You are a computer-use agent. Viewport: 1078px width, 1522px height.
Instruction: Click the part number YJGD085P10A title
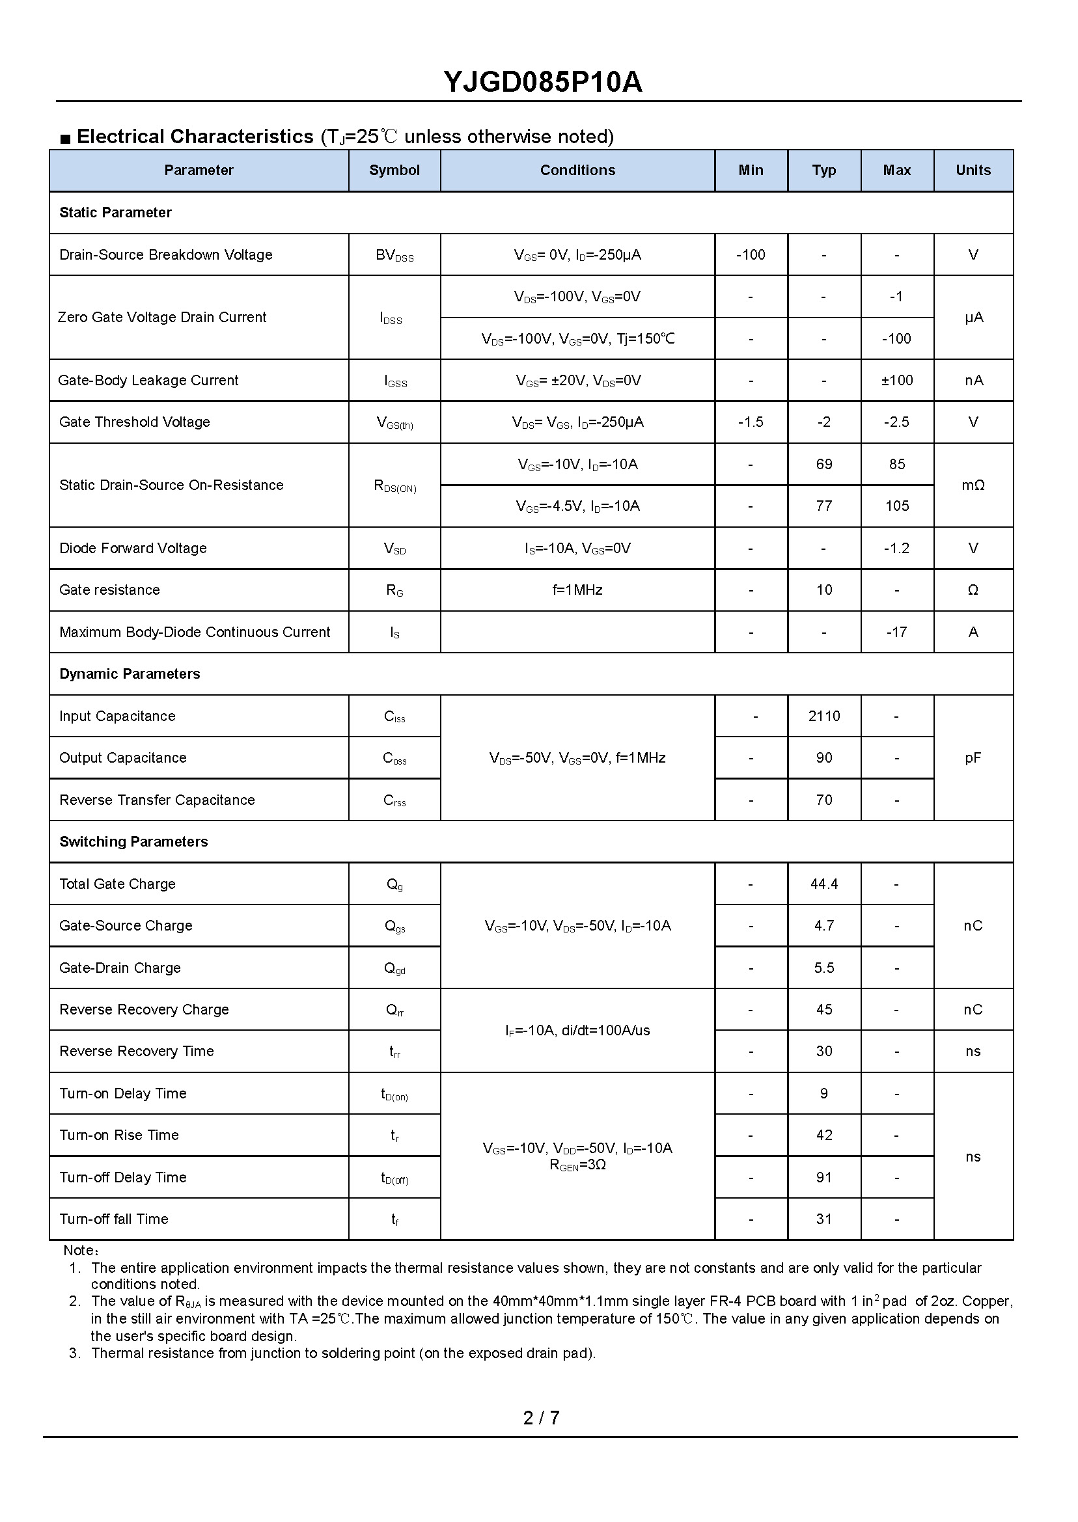tap(542, 82)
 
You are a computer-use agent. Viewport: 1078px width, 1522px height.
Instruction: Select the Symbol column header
tap(394, 170)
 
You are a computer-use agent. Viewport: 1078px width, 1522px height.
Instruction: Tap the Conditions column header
tap(577, 170)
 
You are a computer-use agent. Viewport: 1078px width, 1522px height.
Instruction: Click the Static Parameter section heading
tap(115, 212)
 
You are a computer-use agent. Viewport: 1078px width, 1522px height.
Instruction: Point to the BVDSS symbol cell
tap(394, 256)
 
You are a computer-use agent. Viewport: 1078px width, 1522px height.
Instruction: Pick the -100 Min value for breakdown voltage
tap(751, 255)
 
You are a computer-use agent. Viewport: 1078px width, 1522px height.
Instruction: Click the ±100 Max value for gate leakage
tap(897, 380)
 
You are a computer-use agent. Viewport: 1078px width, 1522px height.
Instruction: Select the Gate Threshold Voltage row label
tap(135, 422)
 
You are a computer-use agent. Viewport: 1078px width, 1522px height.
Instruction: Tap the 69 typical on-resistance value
tap(823, 465)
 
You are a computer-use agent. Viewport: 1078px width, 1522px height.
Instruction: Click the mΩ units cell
tap(973, 485)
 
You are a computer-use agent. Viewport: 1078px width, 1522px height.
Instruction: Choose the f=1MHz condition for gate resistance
tap(577, 590)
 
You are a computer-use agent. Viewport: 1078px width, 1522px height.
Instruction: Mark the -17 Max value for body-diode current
tap(897, 632)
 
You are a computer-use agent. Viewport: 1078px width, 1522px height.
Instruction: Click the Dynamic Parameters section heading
tap(130, 674)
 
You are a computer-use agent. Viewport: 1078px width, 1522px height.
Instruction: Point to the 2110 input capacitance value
tap(823, 716)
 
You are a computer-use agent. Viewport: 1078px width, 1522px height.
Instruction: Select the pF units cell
tap(973, 757)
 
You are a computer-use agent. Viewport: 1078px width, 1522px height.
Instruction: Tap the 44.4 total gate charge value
tap(823, 884)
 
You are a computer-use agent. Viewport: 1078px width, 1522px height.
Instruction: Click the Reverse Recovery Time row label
tap(137, 1052)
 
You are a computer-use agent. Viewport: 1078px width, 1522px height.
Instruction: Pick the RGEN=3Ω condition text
tap(577, 1165)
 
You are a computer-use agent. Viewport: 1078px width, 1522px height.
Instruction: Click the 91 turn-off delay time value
tap(823, 1178)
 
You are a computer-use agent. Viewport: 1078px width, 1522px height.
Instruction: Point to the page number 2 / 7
tap(541, 1418)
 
